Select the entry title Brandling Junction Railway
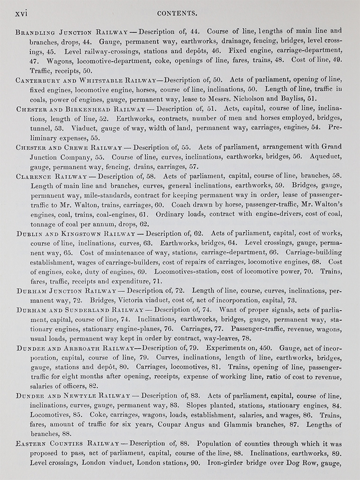coord(72,32)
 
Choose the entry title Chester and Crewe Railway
coord(69,147)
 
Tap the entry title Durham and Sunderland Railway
coord(80,309)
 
